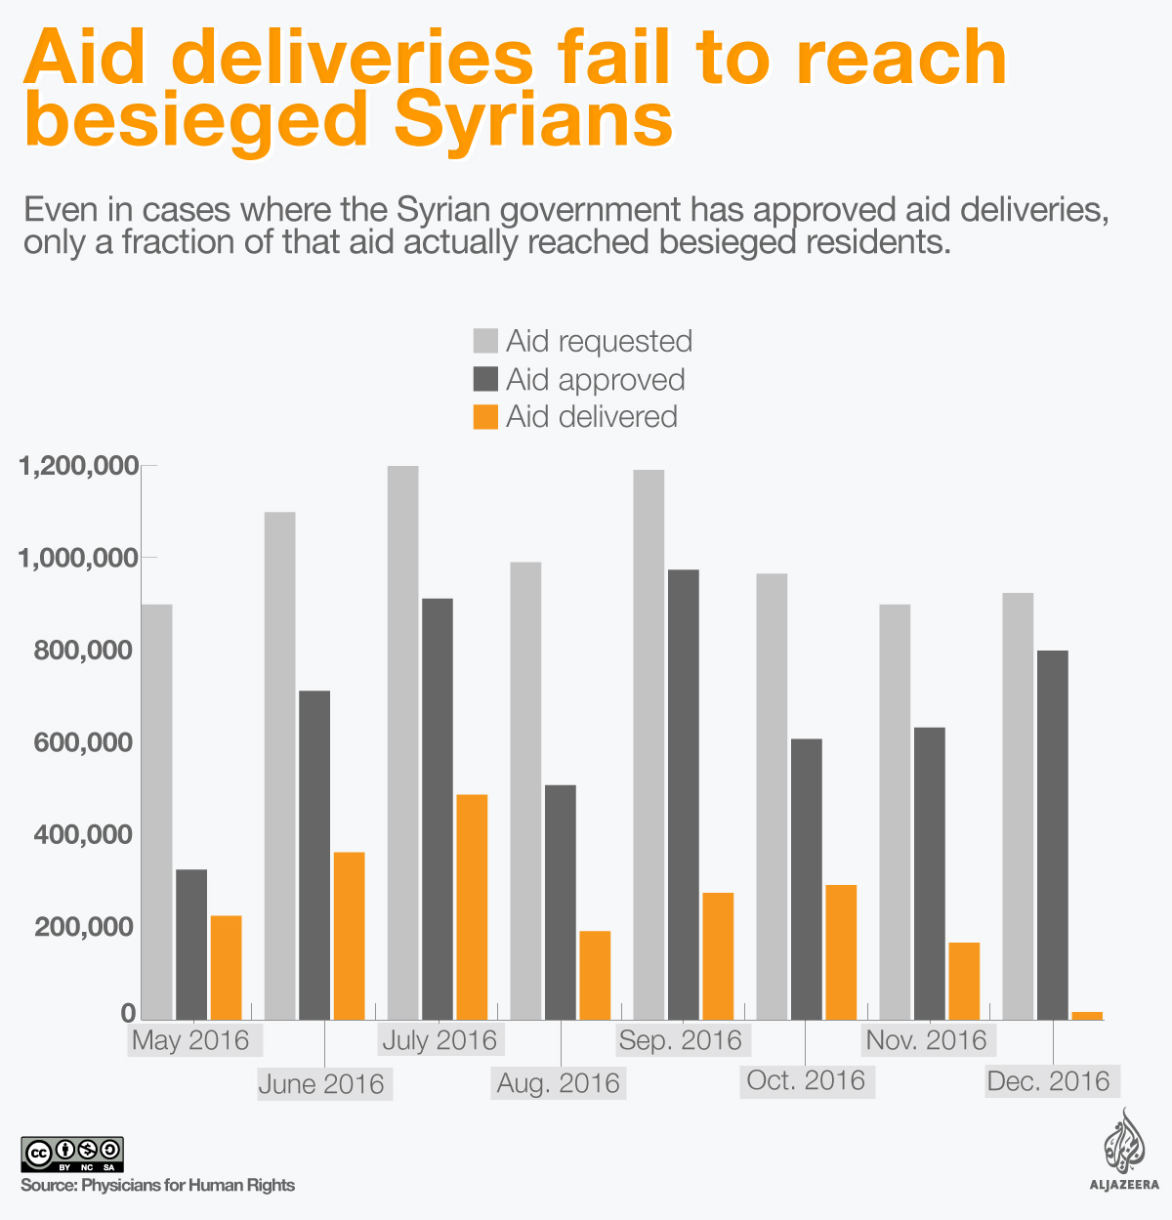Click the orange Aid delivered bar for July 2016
click(x=472, y=906)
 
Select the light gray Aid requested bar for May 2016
click(x=157, y=812)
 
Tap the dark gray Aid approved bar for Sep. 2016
click(x=683, y=794)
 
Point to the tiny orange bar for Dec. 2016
click(x=1087, y=1015)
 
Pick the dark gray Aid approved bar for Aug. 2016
click(x=561, y=902)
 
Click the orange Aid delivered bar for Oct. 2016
click(x=841, y=952)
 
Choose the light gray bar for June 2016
click(x=279, y=766)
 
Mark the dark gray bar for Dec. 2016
click(x=1052, y=835)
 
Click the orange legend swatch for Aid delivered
click(x=485, y=417)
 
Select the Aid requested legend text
click(x=599, y=341)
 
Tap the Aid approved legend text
click(x=595, y=379)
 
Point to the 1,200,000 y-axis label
click(x=77, y=467)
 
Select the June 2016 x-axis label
click(x=321, y=1083)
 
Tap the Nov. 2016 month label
click(x=927, y=1039)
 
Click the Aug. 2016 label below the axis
click(x=559, y=1083)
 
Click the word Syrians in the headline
click(x=533, y=121)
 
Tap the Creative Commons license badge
click(x=71, y=1154)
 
